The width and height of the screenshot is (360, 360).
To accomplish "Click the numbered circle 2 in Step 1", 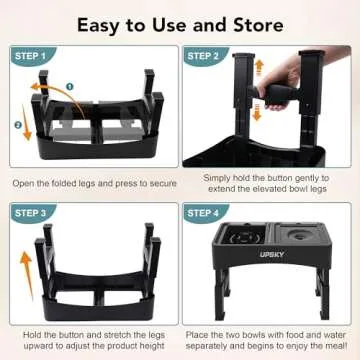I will pos(17,126).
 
